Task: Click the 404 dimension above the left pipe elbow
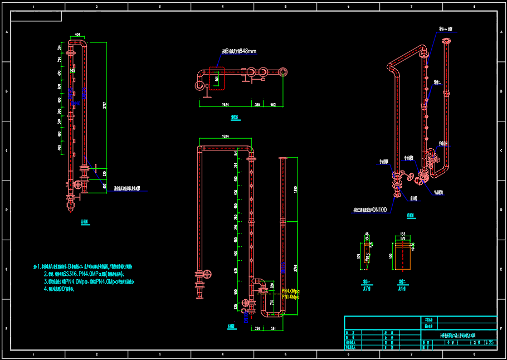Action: [x=77, y=35]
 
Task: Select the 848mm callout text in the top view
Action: [x=239, y=51]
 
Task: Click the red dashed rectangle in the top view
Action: [x=216, y=79]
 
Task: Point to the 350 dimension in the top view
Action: [x=257, y=104]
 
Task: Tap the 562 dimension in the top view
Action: [x=273, y=104]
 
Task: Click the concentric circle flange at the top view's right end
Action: [x=284, y=72]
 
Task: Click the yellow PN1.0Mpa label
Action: [x=291, y=297]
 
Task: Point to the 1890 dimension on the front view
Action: [x=296, y=189]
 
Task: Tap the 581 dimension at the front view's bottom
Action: [x=274, y=328]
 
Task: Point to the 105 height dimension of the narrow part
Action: [x=358, y=256]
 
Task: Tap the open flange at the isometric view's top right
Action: [x=447, y=41]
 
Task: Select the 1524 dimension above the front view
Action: [x=225, y=136]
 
